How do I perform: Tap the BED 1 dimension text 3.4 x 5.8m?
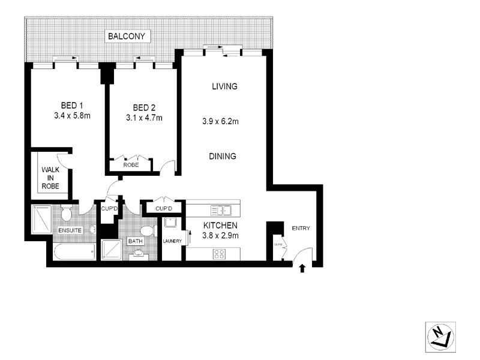point(71,116)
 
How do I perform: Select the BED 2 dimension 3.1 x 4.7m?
point(144,118)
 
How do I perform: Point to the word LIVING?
point(225,86)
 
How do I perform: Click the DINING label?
point(223,157)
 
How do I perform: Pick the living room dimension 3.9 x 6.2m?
point(221,122)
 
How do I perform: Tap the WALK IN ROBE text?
point(51,178)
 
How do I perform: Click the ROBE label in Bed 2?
point(131,164)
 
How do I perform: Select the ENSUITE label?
point(70,230)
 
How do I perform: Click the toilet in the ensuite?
point(67,212)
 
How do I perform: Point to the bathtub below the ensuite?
point(73,251)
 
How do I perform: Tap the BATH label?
point(136,241)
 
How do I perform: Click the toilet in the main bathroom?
point(146,232)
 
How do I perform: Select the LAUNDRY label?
point(172,241)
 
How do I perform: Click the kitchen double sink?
point(222,210)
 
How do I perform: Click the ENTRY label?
point(301,229)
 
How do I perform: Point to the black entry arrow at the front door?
point(302,268)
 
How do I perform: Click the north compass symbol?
point(439,337)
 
